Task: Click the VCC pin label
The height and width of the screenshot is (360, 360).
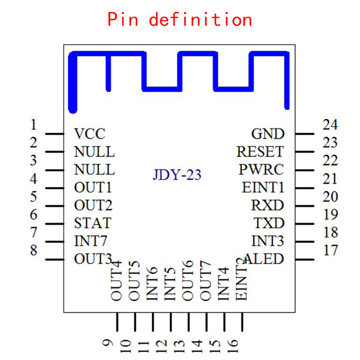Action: point(90,134)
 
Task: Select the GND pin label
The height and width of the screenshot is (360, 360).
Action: point(268,134)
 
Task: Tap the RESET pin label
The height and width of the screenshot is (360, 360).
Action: point(261,152)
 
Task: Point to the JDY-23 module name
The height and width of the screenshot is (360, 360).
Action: point(177,175)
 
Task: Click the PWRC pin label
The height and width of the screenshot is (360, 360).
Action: point(261,170)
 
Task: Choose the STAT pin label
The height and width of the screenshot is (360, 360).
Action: point(93,223)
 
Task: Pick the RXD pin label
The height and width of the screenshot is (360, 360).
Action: point(268,205)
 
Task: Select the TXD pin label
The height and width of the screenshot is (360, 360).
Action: point(269,223)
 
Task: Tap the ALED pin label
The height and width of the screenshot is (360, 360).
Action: point(264,259)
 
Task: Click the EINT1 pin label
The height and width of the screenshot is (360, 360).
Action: point(263,187)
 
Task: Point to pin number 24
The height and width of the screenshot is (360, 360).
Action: point(330,125)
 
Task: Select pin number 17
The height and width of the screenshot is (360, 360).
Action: point(330,250)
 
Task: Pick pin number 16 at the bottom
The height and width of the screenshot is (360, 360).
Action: point(233,344)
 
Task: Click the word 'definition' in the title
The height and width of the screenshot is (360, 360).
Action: point(200,20)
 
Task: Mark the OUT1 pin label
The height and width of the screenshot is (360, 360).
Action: point(93,187)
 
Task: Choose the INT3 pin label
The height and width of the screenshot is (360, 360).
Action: point(268,241)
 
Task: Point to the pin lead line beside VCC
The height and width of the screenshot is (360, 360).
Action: point(54,134)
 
